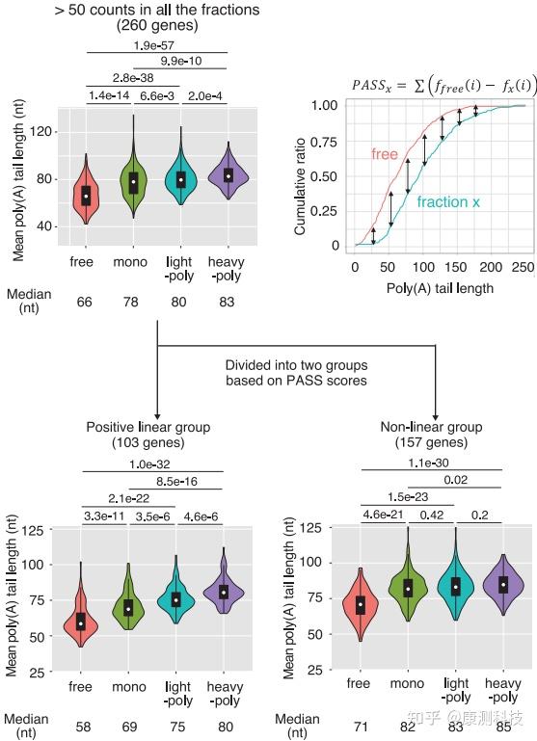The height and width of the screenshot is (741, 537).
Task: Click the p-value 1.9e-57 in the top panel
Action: [157, 44]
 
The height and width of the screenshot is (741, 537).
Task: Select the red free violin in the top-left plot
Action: [86, 194]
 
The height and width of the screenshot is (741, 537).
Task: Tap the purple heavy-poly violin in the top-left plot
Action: [228, 175]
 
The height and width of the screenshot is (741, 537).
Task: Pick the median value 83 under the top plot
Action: [228, 303]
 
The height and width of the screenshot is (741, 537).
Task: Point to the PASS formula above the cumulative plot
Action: [443, 85]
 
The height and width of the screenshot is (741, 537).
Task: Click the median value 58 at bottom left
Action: [85, 718]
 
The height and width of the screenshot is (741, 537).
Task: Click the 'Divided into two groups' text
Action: [297, 366]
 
